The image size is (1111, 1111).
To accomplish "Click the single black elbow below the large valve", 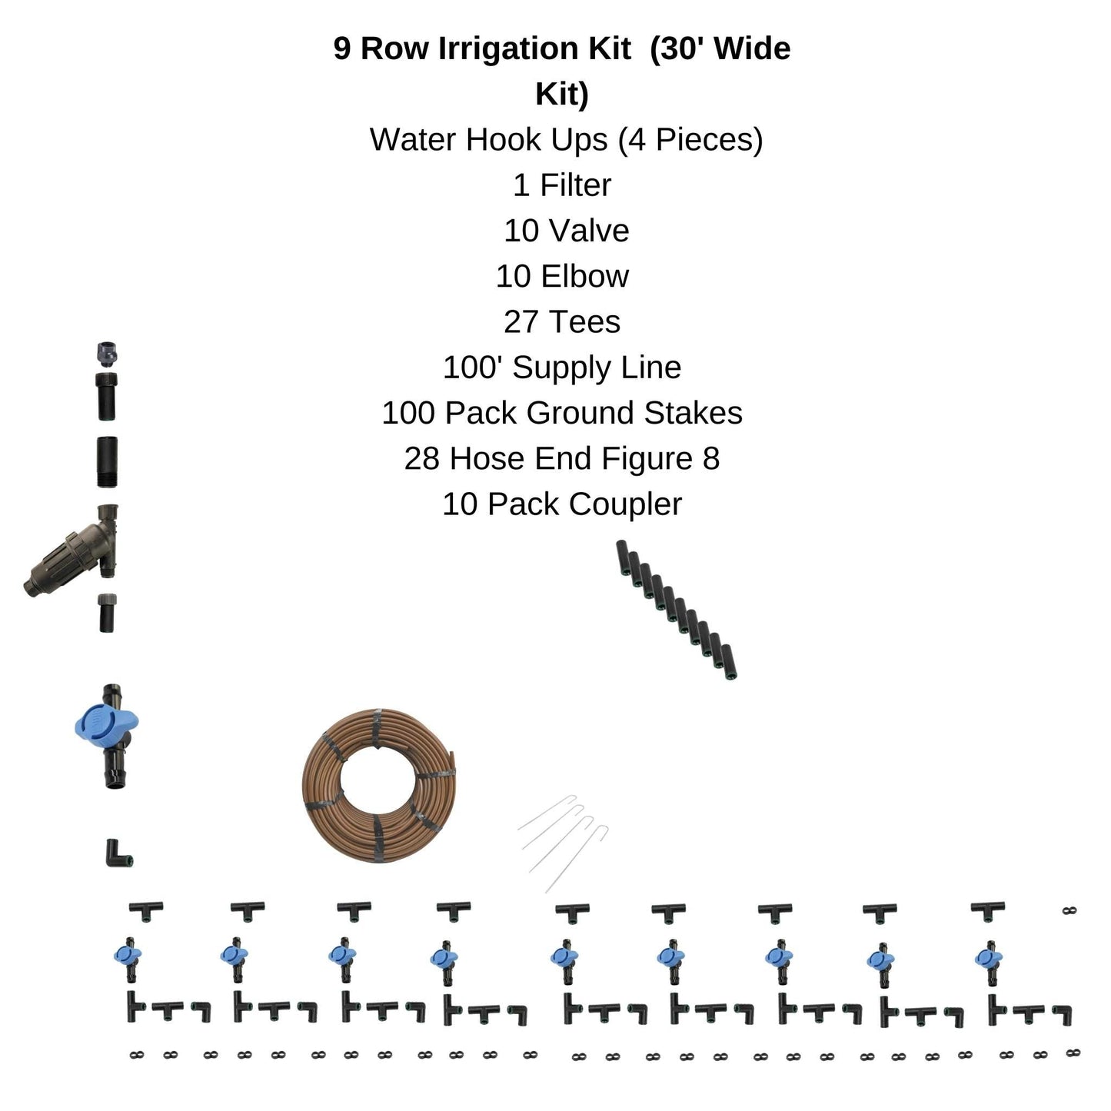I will click(118, 853).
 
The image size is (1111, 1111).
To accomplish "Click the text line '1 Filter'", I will click(561, 185).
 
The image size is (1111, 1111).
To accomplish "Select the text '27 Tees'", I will click(561, 322).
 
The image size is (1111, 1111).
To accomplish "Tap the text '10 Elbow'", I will click(561, 277).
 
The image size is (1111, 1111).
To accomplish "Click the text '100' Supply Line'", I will click(561, 368).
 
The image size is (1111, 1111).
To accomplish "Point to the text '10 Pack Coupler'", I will click(561, 504).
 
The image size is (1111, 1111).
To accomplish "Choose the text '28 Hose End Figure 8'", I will click(561, 459).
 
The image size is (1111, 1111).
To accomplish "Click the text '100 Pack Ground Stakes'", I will click(561, 413).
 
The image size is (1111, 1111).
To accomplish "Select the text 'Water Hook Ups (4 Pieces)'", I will click(566, 140).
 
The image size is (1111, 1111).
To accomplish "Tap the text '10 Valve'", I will click(566, 231).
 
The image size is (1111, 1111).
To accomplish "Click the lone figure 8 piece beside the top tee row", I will click(1068, 911).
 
